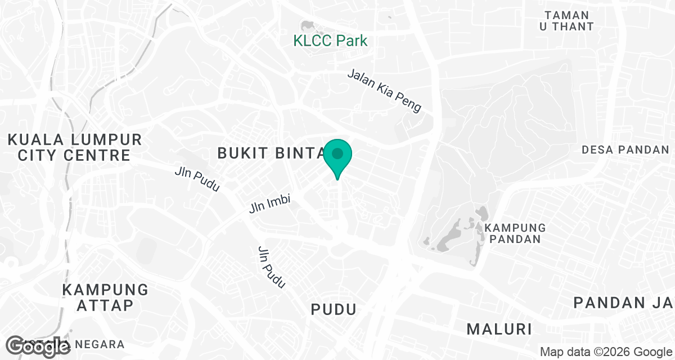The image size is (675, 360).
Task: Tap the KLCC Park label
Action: pos(330,40)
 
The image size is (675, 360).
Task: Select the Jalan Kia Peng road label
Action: pos(384,91)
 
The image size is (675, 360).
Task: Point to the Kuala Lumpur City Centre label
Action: pos(74,147)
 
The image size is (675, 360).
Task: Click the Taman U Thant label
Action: pos(569,21)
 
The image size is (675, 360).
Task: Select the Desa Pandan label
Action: pos(625,150)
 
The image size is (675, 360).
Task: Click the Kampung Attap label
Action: pos(105,298)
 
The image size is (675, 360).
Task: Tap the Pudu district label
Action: pos(334,309)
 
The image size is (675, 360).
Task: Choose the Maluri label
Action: pos(499,327)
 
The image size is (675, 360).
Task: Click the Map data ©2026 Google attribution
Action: pos(605,352)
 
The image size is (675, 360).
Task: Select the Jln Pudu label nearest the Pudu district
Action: pos(271,268)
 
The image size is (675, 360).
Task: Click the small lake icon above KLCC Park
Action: pos(308,25)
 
